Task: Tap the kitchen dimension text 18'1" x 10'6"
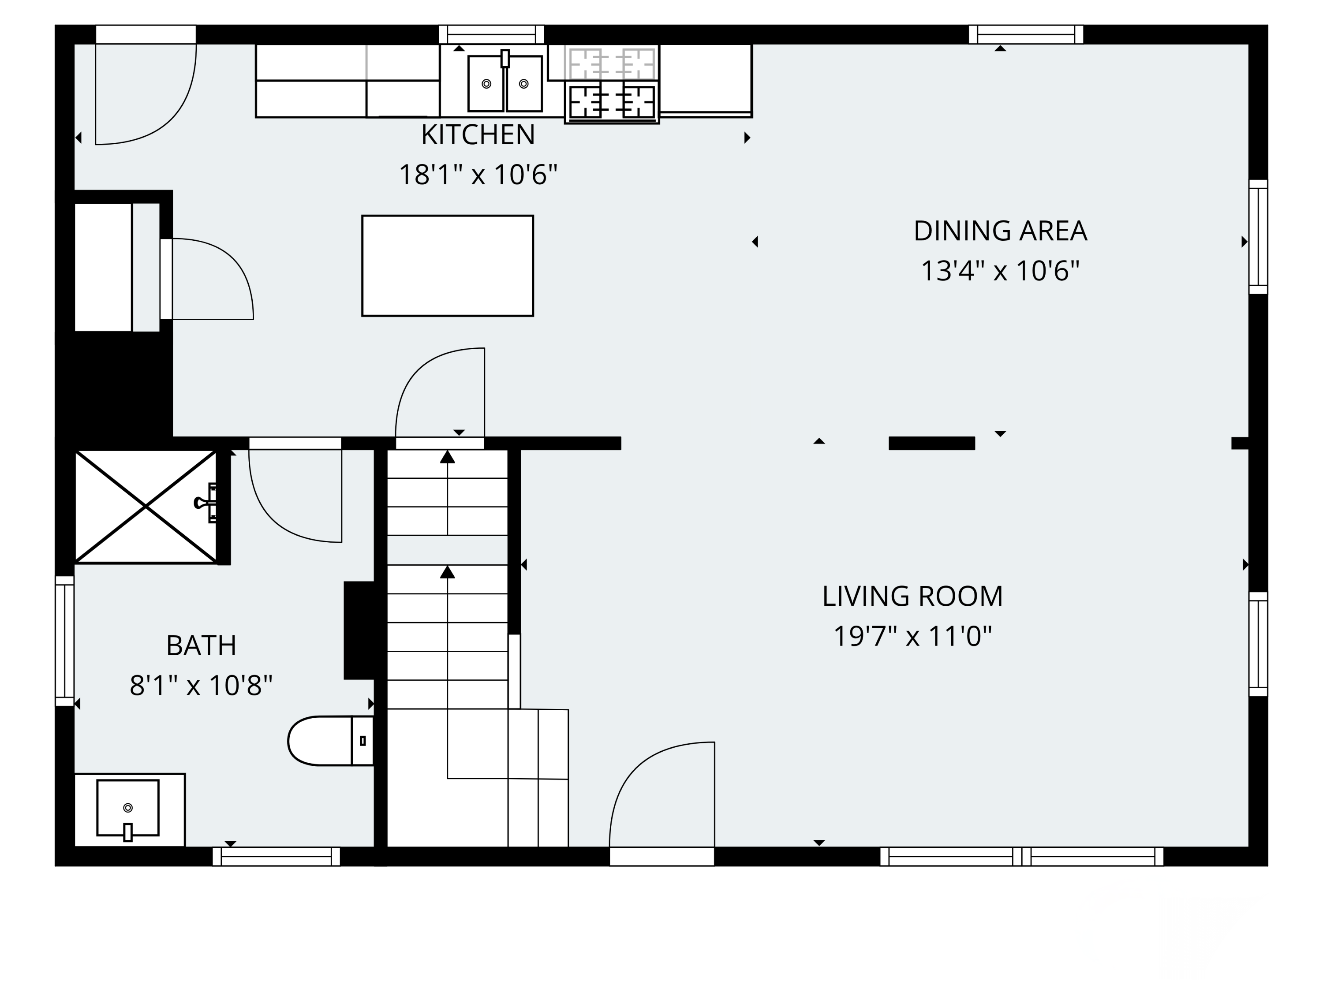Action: coord(478,175)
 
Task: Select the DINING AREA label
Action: coord(1000,231)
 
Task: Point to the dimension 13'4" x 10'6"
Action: coord(1000,270)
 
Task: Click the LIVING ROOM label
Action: coord(912,596)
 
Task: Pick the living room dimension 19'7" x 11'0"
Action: coord(912,636)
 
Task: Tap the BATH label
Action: coord(201,645)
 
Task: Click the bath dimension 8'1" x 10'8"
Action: coord(201,685)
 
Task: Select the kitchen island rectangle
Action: coord(447,265)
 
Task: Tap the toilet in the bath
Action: coord(331,740)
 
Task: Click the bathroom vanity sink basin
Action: coord(128,807)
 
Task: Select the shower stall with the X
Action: coord(146,507)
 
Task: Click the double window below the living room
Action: coord(1021,856)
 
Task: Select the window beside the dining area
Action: coord(1259,237)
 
